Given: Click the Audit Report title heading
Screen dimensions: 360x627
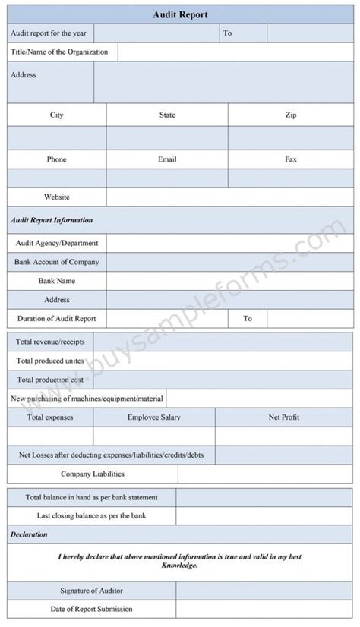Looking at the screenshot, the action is pyautogui.click(x=180, y=14).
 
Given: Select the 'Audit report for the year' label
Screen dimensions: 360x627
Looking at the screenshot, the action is pyautogui.click(x=49, y=33).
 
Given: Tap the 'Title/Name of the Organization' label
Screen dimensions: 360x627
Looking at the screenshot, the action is pyautogui.click(x=59, y=52).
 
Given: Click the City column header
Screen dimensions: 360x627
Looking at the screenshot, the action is pyautogui.click(x=57, y=115).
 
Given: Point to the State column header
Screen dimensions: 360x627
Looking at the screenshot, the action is pyautogui.click(x=167, y=115).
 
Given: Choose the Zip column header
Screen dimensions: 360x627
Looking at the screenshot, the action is pyautogui.click(x=291, y=115).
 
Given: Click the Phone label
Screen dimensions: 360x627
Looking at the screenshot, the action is pyautogui.click(x=57, y=159).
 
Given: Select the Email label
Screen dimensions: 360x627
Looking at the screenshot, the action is pyautogui.click(x=167, y=159).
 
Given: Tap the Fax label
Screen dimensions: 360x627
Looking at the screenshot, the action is pyautogui.click(x=291, y=159).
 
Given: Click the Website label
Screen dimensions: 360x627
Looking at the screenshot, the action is pyautogui.click(x=57, y=197).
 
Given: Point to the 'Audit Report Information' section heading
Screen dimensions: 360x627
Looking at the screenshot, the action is pyautogui.click(x=52, y=220).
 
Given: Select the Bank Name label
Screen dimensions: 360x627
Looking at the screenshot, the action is pyautogui.click(x=57, y=281).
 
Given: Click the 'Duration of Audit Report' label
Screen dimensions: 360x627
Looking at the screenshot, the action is pyautogui.click(x=56, y=319).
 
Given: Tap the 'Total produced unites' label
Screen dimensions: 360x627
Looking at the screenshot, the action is pyautogui.click(x=50, y=361).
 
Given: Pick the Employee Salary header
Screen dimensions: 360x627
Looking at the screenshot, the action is pyautogui.click(x=154, y=417).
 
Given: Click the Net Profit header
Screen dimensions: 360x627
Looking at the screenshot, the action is pyautogui.click(x=284, y=417).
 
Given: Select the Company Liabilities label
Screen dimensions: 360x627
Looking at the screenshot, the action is pyautogui.click(x=92, y=474).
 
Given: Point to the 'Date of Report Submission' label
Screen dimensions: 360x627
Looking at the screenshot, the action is pyautogui.click(x=92, y=609).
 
